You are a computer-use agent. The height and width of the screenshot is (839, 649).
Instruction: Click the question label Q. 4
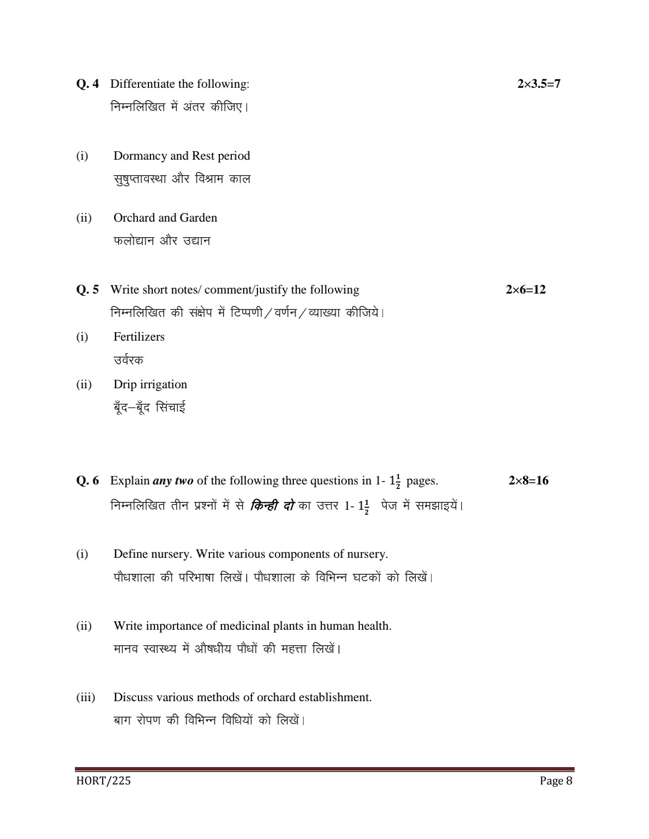coord(87,84)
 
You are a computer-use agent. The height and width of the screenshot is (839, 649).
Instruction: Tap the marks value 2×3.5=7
coord(538,84)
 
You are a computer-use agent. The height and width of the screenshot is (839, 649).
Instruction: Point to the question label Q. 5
coord(87,290)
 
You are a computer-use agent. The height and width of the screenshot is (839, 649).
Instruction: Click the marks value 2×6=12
coord(525,290)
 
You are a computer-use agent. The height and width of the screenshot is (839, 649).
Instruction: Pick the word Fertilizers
coord(139,337)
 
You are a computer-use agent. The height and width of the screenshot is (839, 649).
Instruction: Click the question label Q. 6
coord(87,480)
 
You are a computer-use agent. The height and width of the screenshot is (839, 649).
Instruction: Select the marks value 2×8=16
coord(528,480)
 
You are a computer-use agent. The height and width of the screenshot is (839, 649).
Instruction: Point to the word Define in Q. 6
coord(130,554)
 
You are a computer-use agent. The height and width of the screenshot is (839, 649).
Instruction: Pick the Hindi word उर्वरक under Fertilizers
coord(129,360)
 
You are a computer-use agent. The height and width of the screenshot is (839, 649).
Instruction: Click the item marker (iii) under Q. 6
coord(85,697)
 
